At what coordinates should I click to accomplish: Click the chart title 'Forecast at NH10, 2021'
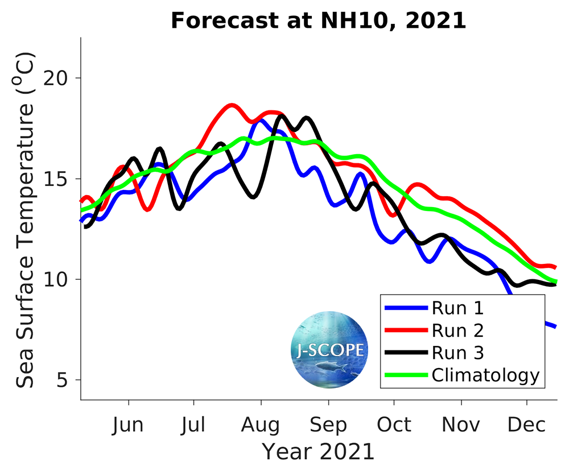(x=318, y=21)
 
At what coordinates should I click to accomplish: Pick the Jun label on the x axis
(x=129, y=425)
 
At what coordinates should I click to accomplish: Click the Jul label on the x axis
(x=194, y=425)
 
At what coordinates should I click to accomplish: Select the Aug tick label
(x=261, y=425)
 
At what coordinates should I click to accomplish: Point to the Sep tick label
(x=328, y=425)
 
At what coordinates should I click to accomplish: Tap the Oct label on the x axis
(x=394, y=425)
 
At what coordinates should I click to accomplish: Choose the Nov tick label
(x=461, y=425)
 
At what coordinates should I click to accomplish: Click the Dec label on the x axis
(x=527, y=425)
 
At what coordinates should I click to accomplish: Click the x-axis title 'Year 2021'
(x=318, y=452)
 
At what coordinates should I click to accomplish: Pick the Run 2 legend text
(x=458, y=330)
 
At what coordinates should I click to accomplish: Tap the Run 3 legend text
(x=458, y=353)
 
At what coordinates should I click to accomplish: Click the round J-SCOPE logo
(x=329, y=349)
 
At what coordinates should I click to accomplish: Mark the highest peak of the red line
(x=231, y=105)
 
